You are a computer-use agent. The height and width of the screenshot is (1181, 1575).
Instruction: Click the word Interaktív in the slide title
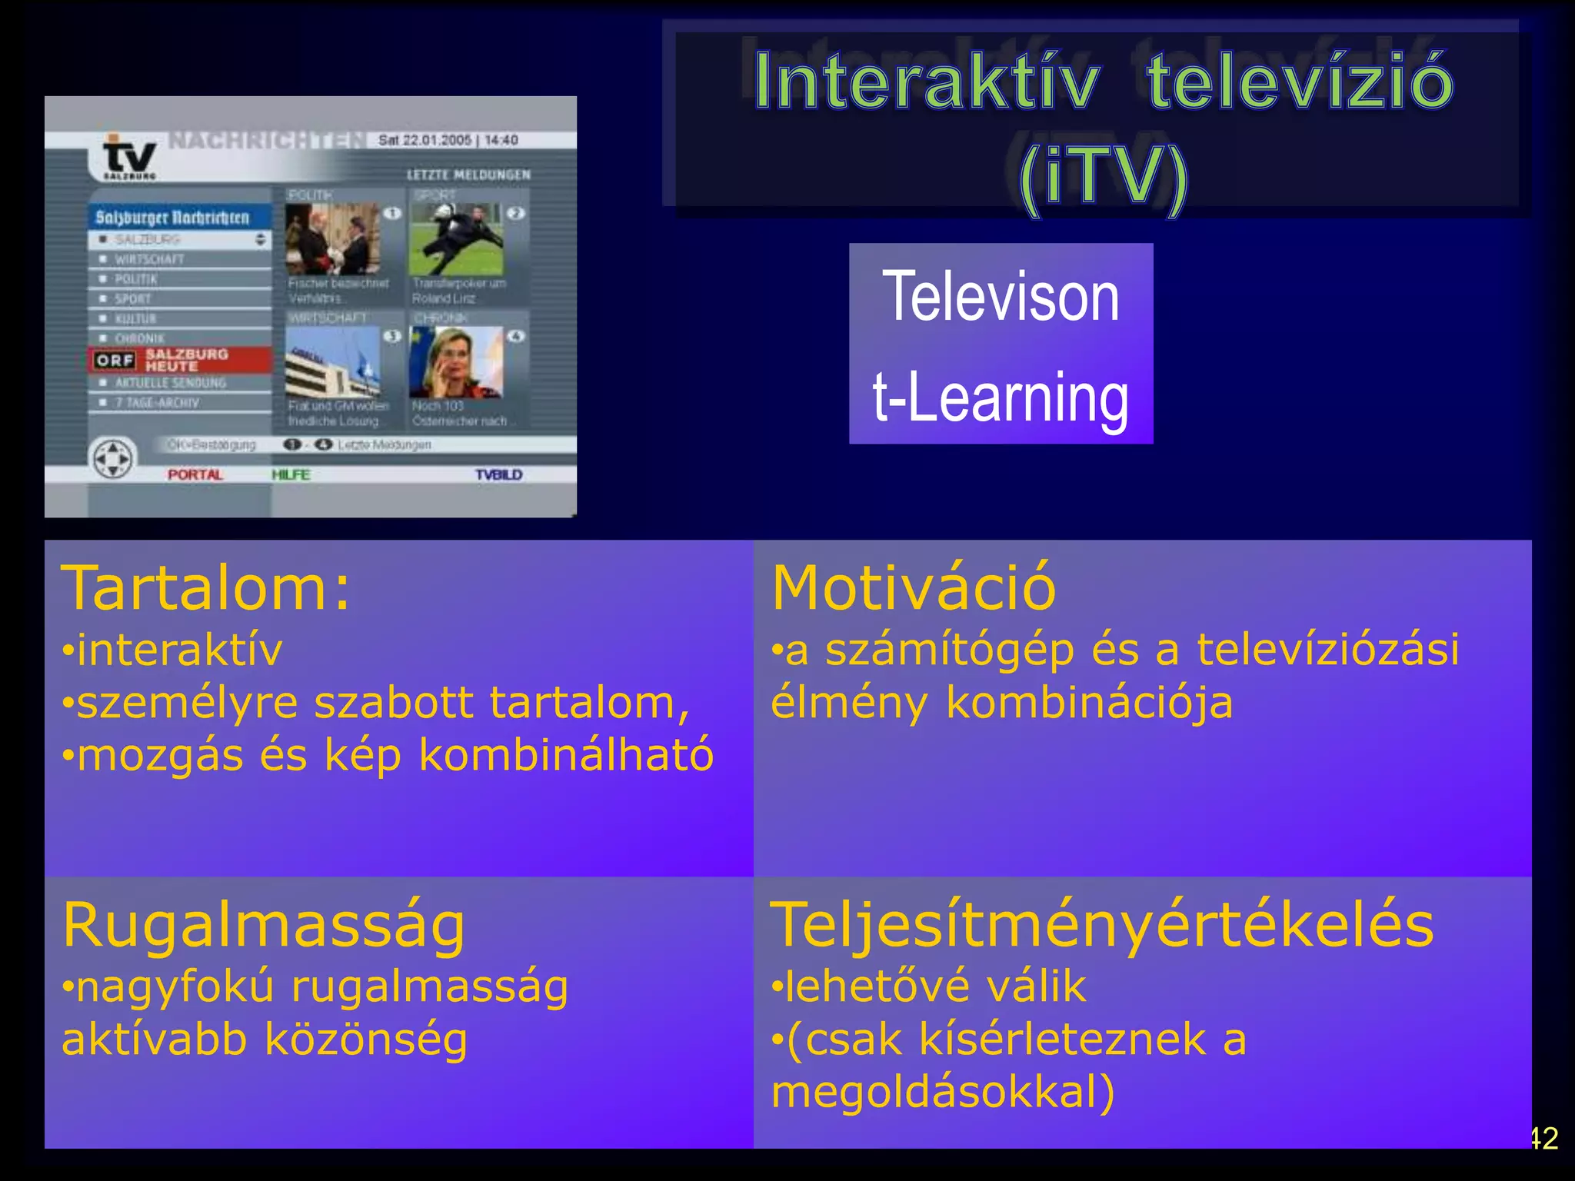[x=927, y=82]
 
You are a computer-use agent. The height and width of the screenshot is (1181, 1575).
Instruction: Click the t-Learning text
[x=1001, y=397]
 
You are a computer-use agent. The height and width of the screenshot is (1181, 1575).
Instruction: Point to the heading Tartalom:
[x=206, y=588]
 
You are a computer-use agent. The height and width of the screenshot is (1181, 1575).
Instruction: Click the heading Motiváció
[x=914, y=588]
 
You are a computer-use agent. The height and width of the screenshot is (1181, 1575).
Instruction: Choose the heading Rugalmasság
[x=264, y=925]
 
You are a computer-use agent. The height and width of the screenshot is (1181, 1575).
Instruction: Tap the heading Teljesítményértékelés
[x=1102, y=925]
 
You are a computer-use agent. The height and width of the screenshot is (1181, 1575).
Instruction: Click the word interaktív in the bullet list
[x=180, y=650]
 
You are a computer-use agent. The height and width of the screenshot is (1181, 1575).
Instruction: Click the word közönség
[x=366, y=1040]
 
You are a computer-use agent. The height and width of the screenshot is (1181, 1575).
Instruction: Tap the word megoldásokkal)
[x=943, y=1092]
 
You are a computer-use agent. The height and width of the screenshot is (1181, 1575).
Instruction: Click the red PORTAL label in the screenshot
[x=195, y=474]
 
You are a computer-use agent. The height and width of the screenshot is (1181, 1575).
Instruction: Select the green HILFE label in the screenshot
[x=291, y=474]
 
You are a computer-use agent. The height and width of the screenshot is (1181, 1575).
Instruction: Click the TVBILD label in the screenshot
[x=498, y=474]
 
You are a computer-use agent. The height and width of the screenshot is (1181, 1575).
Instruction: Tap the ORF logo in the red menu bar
[x=115, y=360]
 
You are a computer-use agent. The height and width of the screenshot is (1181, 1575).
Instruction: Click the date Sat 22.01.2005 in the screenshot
[x=425, y=140]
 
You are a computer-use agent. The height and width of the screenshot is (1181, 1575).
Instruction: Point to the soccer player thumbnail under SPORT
[x=457, y=239]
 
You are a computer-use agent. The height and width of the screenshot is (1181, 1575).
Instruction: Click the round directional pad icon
[x=113, y=458]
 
